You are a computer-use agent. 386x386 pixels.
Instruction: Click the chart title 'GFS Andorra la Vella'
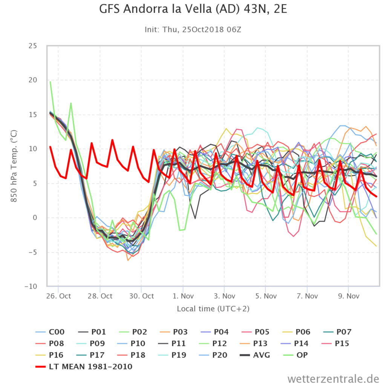click(x=156, y=9)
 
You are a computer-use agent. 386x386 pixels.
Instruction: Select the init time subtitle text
click(x=193, y=29)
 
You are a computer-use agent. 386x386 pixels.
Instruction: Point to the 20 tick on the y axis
click(x=33, y=80)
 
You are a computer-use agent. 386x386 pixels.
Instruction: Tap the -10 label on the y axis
click(x=31, y=286)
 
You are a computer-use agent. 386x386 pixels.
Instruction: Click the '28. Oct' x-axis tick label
click(x=100, y=296)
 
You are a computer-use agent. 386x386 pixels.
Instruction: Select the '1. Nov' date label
click(x=183, y=296)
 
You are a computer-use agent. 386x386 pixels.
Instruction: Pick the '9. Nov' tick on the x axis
click(x=349, y=296)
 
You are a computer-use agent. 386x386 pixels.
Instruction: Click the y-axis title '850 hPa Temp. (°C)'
click(x=14, y=166)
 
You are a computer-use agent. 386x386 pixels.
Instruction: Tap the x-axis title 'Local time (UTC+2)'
click(x=213, y=309)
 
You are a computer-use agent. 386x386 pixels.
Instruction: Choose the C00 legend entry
click(x=50, y=332)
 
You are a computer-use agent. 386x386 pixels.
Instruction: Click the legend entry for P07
click(x=337, y=332)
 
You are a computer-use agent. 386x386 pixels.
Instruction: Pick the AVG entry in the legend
click(x=255, y=355)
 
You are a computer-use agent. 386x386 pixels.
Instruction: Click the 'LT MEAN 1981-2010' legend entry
click(x=84, y=366)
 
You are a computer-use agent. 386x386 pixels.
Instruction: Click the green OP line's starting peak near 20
click(x=50, y=82)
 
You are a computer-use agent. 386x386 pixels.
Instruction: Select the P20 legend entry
click(x=213, y=355)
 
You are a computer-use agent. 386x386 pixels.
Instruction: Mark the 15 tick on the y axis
click(x=33, y=115)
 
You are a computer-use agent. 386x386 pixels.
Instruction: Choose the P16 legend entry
click(x=50, y=355)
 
